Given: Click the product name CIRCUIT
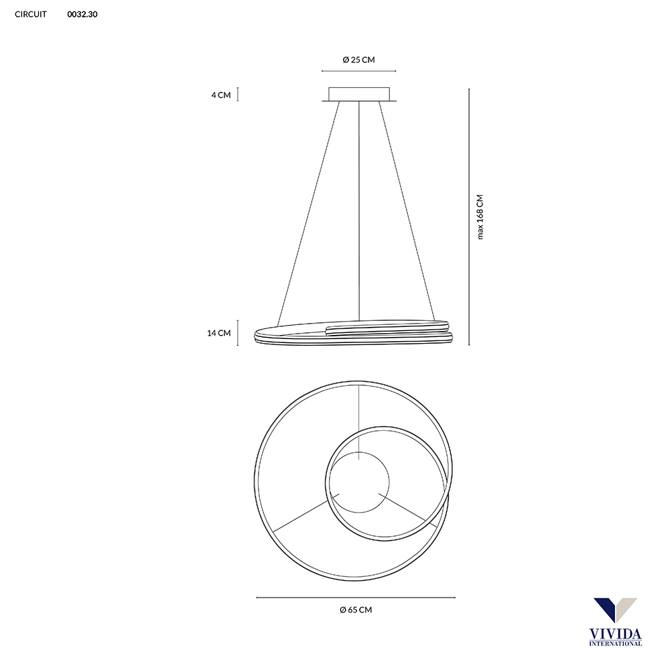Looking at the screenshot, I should pyautogui.click(x=31, y=14).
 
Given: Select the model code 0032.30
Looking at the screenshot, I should pyautogui.click(x=82, y=14).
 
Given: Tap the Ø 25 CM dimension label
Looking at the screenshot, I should pyautogui.click(x=358, y=60).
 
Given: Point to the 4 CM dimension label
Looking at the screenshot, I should pyautogui.click(x=220, y=95).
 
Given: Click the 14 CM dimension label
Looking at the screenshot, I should pyautogui.click(x=219, y=333).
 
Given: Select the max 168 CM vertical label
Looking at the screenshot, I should pyautogui.click(x=480, y=216).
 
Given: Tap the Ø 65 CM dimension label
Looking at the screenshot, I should pyautogui.click(x=356, y=610).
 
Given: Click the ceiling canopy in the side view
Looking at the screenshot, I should pyautogui.click(x=358, y=94).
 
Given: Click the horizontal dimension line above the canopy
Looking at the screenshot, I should pyautogui.click(x=358, y=70).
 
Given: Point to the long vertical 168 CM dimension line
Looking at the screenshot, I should pyautogui.click(x=468, y=216).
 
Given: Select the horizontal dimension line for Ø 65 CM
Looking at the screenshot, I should pyautogui.click(x=356, y=597).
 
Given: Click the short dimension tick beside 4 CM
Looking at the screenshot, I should pyautogui.click(x=239, y=94).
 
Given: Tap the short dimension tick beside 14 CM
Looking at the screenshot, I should pyautogui.click(x=239, y=333).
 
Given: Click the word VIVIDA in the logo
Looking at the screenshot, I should pyautogui.click(x=614, y=633).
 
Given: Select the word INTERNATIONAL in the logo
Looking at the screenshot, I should pyautogui.click(x=614, y=643).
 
